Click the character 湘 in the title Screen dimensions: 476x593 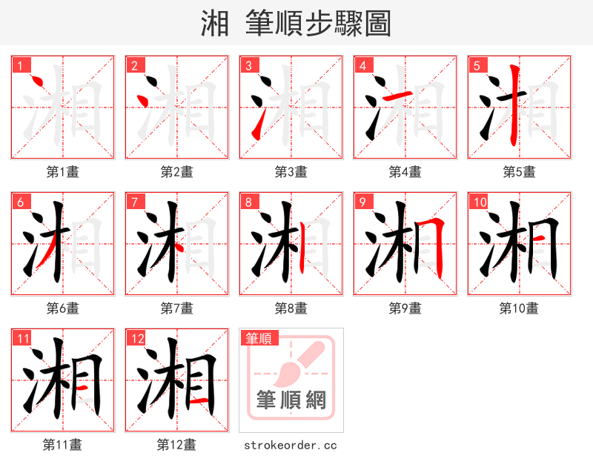pyautogui.click(x=215, y=24)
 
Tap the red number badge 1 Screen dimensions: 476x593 pyautogui.click(x=20, y=65)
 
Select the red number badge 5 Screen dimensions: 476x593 pyautogui.click(x=477, y=65)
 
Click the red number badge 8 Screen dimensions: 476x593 pyautogui.click(x=248, y=202)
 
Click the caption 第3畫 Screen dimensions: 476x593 pyautogui.click(x=291, y=172)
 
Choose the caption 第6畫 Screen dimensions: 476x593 pyautogui.click(x=62, y=308)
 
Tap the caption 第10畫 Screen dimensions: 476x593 pyautogui.click(x=519, y=308)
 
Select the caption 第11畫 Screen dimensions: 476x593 pyautogui.click(x=62, y=445)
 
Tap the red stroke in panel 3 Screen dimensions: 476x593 pyautogui.click(x=256, y=128)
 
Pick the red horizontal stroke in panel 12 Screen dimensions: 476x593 pyautogui.click(x=198, y=401)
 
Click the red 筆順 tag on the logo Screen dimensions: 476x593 pyautogui.click(x=258, y=338)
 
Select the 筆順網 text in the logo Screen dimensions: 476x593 pyautogui.click(x=291, y=400)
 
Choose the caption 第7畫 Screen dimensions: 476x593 pyautogui.click(x=176, y=308)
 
